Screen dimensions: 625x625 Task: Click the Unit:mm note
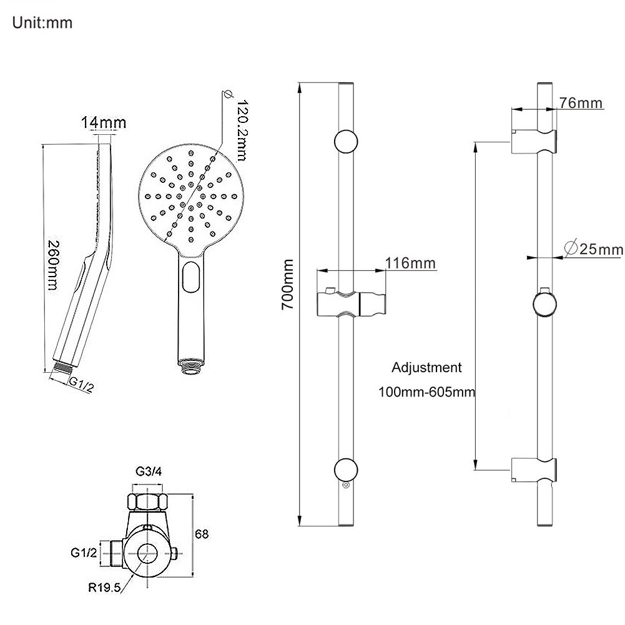42,22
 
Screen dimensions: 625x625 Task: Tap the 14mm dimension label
104,122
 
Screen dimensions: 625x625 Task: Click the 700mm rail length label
287,284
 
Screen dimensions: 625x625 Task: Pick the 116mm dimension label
410,263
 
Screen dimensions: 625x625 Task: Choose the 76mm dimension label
580,102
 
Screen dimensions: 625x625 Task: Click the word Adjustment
426,368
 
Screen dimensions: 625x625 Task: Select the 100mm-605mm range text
427,392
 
